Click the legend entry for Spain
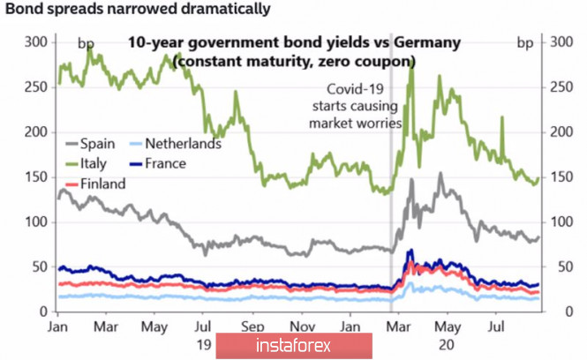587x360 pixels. pos(94,144)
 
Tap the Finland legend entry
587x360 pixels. pos(102,184)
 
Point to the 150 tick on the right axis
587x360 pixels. pos(560,176)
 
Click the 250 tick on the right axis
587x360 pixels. pos(560,86)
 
